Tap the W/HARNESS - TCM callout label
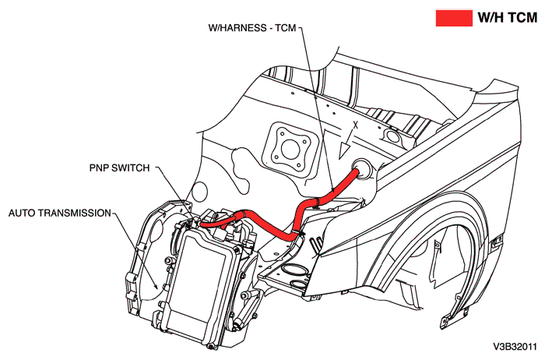252,27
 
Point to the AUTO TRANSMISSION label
59,211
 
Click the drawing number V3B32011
515,345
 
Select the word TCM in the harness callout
286,27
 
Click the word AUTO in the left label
23,211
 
